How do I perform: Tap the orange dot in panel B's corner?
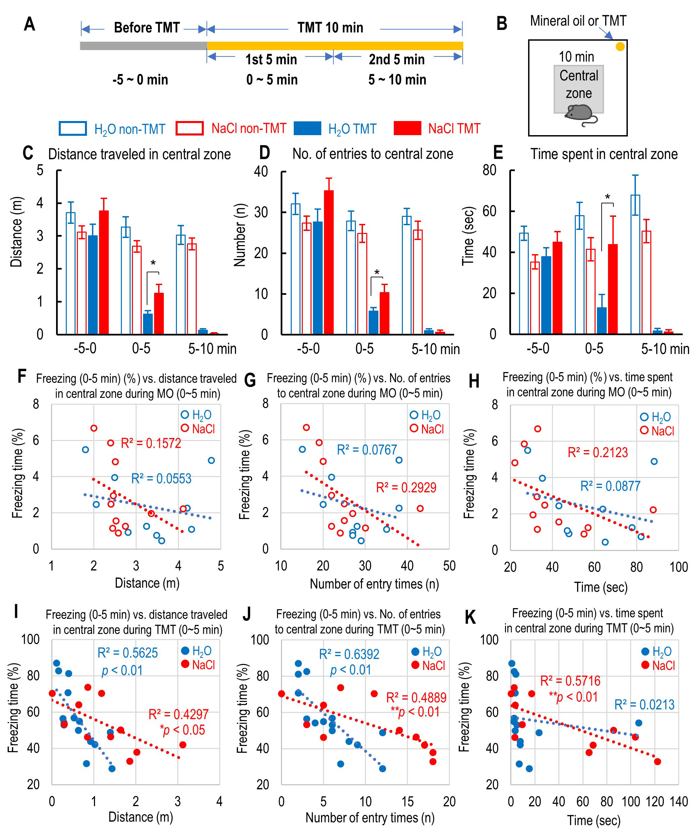click(620, 47)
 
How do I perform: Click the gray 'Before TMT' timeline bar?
click(143, 46)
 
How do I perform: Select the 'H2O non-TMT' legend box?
click(73, 128)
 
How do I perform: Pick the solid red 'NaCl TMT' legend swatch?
click(407, 128)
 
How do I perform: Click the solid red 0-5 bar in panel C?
click(159, 314)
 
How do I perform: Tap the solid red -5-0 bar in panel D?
click(329, 262)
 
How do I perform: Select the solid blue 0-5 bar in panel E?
click(602, 320)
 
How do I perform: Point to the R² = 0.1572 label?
click(151, 443)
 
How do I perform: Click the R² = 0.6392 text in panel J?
click(349, 654)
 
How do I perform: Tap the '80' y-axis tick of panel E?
click(490, 170)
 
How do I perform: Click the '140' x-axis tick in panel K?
click(679, 802)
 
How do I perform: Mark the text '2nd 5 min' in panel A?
click(397, 60)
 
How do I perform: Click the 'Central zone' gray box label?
click(578, 84)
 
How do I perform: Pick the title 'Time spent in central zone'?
click(604, 154)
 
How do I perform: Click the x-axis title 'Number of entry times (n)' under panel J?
click(370, 818)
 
